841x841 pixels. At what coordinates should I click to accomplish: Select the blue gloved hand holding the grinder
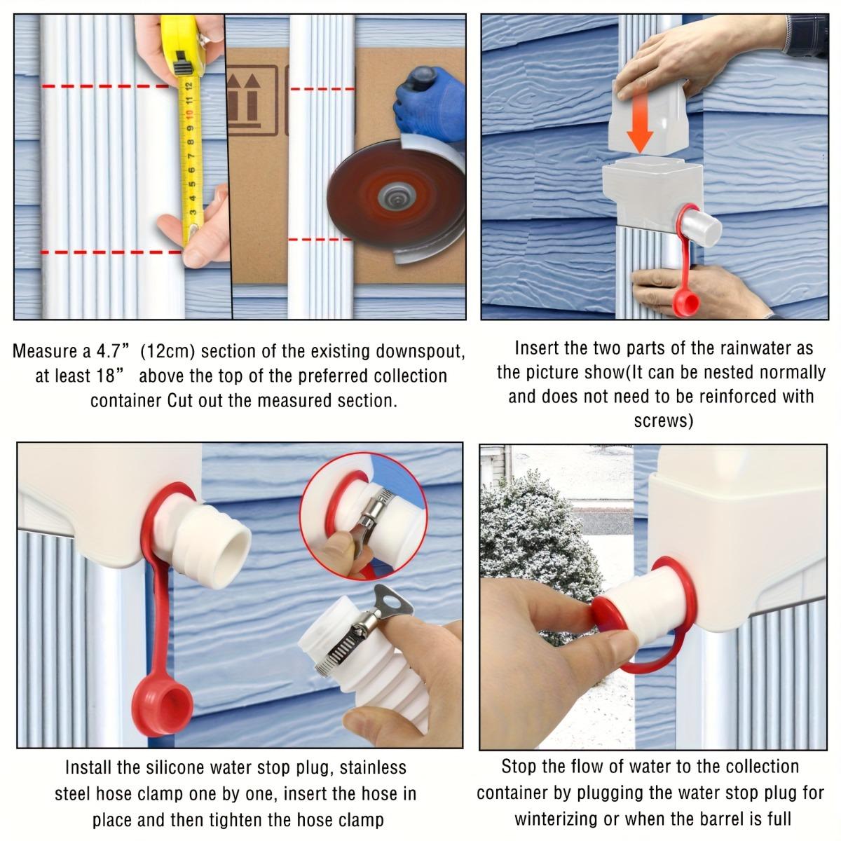(425, 98)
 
